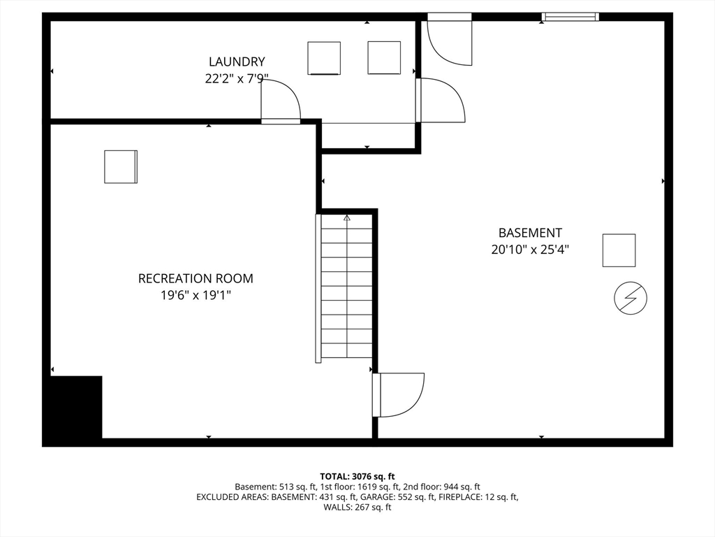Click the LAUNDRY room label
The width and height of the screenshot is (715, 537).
point(237,62)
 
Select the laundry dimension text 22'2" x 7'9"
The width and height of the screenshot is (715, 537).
point(237,79)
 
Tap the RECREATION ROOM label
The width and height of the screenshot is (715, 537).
point(196,278)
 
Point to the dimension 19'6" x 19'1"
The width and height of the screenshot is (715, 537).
point(196,296)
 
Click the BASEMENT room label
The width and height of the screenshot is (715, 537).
point(530,233)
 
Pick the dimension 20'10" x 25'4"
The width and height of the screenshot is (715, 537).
point(530,250)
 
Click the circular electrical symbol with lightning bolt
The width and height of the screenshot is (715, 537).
point(631,299)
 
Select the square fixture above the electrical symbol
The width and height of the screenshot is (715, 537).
point(619,250)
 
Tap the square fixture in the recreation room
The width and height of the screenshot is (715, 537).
point(121,166)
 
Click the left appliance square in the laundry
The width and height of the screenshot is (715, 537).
point(324,58)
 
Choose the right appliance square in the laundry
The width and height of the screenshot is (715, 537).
point(384,57)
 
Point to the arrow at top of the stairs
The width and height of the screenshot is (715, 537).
point(347,218)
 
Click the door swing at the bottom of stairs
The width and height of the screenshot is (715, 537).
point(399,395)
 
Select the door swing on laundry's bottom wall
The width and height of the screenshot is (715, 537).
point(281,102)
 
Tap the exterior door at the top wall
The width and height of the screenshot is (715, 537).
point(450,41)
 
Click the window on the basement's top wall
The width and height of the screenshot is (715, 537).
point(570,17)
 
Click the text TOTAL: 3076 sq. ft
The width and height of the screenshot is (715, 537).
point(357,476)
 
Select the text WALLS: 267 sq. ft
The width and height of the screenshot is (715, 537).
point(357,508)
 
